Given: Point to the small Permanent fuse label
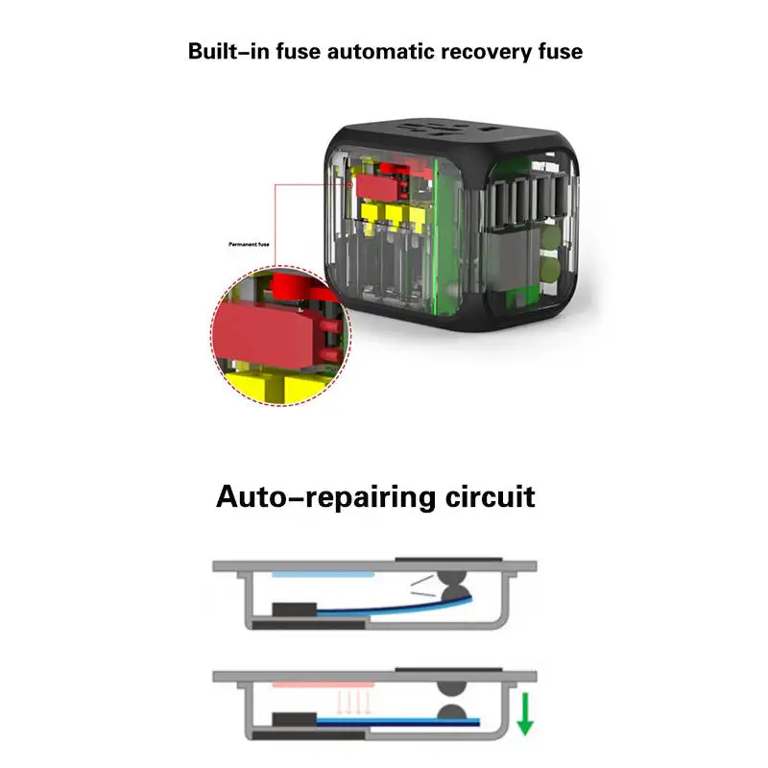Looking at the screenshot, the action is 249,244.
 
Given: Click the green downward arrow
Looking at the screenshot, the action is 525,713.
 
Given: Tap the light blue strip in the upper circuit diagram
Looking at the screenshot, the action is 324,574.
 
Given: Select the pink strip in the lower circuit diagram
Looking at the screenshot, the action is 324,684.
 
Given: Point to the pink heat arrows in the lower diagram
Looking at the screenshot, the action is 353,702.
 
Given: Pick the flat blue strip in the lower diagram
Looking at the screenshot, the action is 397,721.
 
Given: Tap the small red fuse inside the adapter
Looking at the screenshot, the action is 376,187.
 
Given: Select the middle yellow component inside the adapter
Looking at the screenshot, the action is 395,213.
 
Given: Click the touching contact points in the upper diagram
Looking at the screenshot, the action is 453,587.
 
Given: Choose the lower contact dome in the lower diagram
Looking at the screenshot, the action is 451,711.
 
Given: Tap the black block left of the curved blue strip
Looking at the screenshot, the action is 295,610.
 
